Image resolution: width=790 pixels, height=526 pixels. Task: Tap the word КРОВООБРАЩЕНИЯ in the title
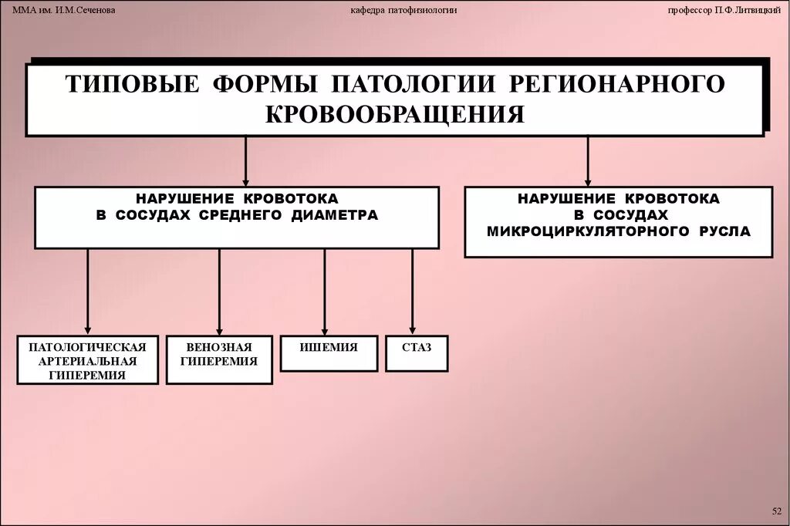(394, 113)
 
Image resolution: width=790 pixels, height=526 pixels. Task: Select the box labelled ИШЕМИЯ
(329, 353)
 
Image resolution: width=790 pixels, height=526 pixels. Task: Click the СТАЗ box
(417, 353)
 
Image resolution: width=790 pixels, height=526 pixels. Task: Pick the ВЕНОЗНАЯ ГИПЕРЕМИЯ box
(218, 359)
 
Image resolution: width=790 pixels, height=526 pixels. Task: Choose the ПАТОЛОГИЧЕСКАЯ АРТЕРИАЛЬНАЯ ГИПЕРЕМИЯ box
(87, 359)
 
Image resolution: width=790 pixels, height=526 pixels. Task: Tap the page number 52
(776, 511)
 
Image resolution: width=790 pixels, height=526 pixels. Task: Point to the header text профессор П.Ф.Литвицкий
(723, 9)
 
